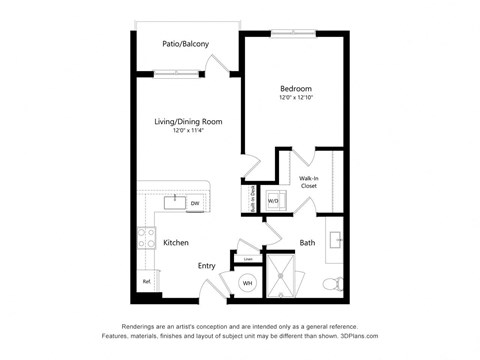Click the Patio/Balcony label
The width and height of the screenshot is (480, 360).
click(x=186, y=44)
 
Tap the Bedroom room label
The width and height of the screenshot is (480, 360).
click(x=295, y=88)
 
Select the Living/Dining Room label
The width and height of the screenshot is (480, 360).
click(x=187, y=121)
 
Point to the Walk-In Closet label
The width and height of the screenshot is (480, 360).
click(x=308, y=182)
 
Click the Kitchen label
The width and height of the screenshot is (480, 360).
click(x=176, y=242)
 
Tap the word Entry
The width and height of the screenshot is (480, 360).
click(x=207, y=265)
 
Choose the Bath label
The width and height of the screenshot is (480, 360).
click(x=307, y=243)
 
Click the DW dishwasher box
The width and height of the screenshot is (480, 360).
click(x=194, y=203)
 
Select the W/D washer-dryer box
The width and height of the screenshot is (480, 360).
click(x=273, y=201)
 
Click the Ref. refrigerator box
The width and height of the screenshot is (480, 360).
click(x=146, y=281)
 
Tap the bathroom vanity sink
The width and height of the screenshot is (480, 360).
click(x=337, y=240)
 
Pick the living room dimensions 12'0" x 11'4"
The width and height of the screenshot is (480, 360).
click(x=187, y=131)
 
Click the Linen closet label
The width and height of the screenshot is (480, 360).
click(x=248, y=259)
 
